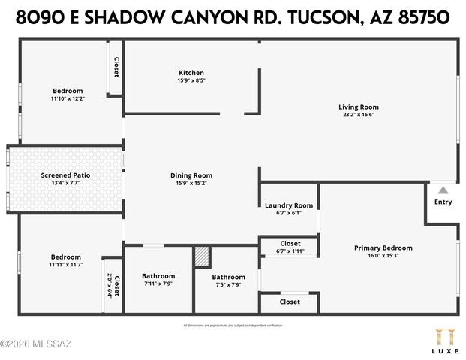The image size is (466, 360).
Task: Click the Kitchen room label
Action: [191, 73]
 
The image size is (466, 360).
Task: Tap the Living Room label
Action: [358, 107]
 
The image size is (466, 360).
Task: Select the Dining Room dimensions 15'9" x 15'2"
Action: [191, 182]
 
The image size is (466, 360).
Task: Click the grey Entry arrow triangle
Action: [443, 190]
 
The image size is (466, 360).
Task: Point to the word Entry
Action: [443, 202]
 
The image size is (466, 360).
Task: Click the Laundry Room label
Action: [289, 205]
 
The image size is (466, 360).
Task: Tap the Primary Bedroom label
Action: [383, 247]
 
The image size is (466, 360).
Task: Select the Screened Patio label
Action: [65, 175]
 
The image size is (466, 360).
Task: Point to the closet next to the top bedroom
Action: [116, 67]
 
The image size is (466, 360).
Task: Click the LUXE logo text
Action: [443, 349]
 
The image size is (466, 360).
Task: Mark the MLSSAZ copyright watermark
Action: [36, 344]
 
